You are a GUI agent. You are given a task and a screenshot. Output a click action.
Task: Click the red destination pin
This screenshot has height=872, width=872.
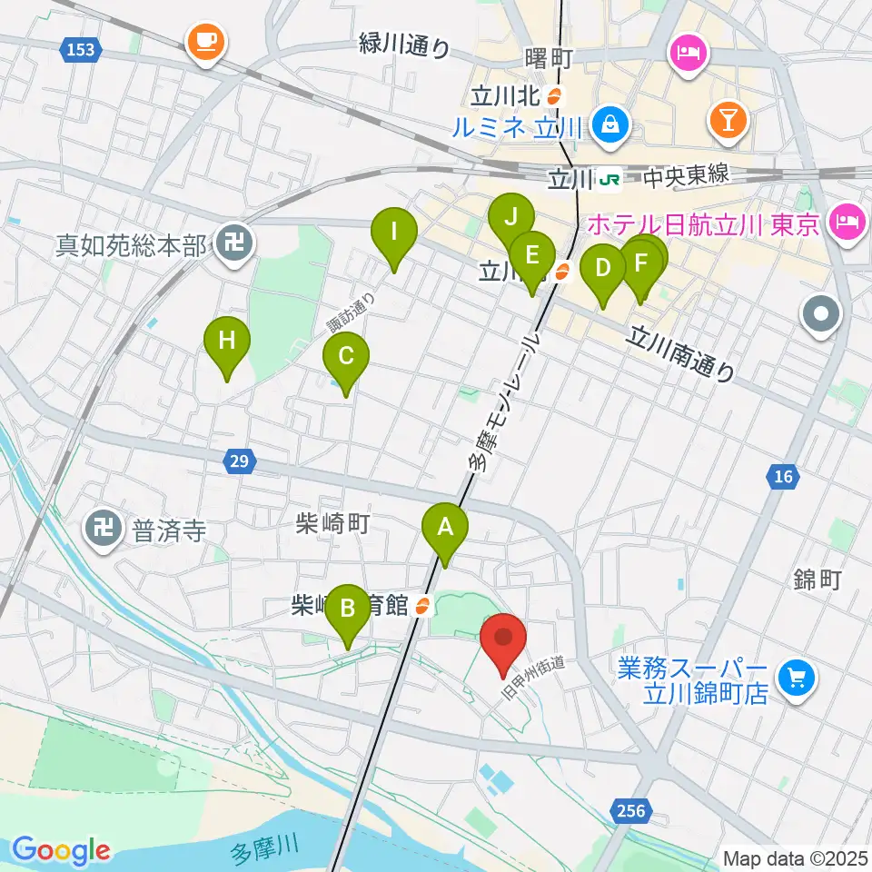[x=503, y=641]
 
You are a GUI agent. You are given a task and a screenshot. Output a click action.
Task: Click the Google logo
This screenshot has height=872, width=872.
[x=61, y=849]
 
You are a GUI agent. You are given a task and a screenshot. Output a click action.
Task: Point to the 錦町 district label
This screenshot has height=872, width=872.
[x=817, y=580]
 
